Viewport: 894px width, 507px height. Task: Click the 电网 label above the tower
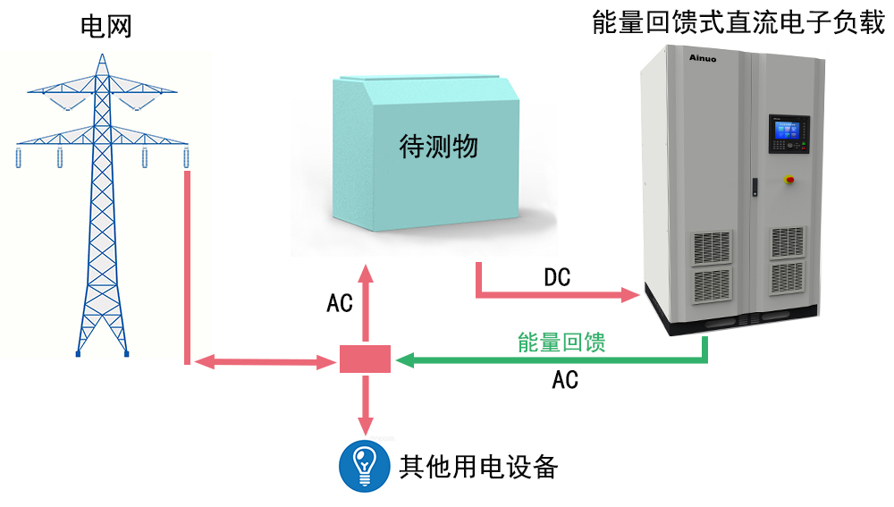pyautogui.click(x=106, y=27)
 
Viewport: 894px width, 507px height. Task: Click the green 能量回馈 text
pyautogui.click(x=561, y=342)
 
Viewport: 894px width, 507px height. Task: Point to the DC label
pyautogui.click(x=557, y=278)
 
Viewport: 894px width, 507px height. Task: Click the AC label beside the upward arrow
pyautogui.click(x=340, y=303)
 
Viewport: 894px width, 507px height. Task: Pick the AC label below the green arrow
pyautogui.click(x=565, y=380)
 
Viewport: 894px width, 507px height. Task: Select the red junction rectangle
pyautogui.click(x=365, y=359)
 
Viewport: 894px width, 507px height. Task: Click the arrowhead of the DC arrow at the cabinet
pyautogui.click(x=634, y=293)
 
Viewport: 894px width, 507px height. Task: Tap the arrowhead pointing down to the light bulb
pyautogui.click(x=365, y=424)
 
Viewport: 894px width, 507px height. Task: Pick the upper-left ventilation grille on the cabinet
pyautogui.click(x=713, y=245)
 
